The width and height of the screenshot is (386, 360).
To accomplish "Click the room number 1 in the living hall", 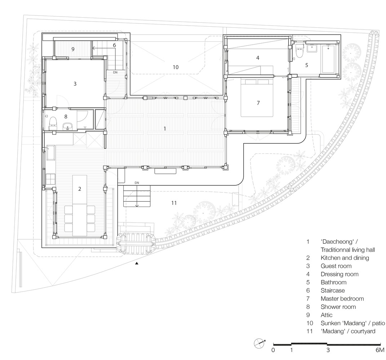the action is (x=165, y=129).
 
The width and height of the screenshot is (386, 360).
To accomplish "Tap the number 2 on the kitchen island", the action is (x=80, y=189).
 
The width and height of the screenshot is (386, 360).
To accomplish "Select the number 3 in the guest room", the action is (x=75, y=84).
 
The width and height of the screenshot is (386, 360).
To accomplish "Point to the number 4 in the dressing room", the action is (x=258, y=58).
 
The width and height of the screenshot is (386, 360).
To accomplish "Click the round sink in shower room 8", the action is (x=67, y=126).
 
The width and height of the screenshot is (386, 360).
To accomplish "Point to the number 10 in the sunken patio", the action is (x=176, y=67).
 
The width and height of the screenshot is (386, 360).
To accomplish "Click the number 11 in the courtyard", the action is (x=174, y=203).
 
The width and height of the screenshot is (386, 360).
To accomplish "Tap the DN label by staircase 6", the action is (x=115, y=72).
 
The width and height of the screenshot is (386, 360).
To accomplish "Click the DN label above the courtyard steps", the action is (x=137, y=183).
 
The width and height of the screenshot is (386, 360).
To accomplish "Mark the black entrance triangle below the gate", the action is (x=137, y=264).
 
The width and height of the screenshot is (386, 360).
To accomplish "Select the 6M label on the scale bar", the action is (x=380, y=350).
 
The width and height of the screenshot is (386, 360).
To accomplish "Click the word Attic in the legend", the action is (x=327, y=315).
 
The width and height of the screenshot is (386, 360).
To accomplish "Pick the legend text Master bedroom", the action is (x=342, y=298).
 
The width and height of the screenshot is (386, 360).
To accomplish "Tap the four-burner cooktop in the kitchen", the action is (x=50, y=179).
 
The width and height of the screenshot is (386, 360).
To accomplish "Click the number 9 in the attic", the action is (x=73, y=49).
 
